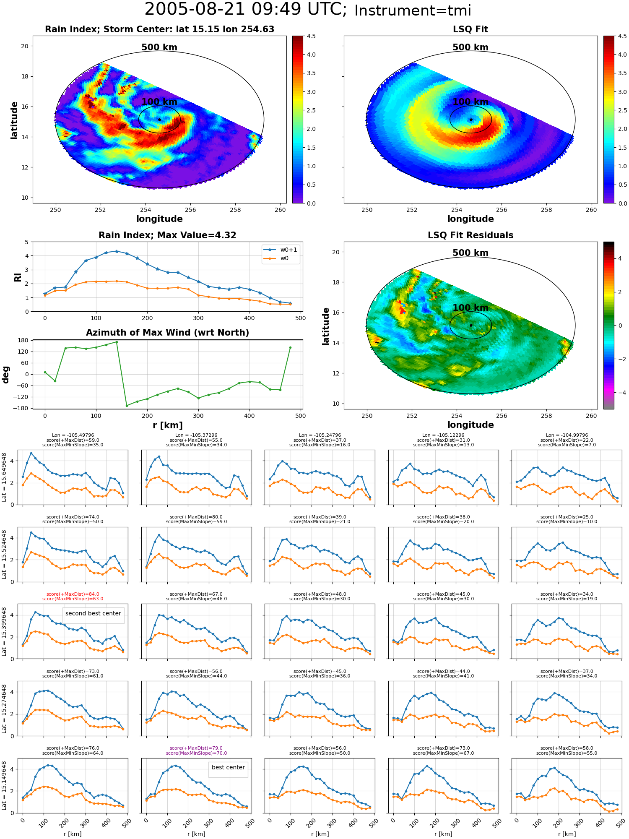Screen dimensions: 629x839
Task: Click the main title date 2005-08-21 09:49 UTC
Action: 245,10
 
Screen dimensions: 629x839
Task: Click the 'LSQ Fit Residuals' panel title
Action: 470,235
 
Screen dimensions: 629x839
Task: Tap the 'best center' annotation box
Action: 228,767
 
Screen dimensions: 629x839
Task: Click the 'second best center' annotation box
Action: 93,613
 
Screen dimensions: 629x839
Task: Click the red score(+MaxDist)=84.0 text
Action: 73,594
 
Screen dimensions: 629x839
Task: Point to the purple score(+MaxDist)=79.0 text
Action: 196,748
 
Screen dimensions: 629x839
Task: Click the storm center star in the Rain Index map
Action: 159,120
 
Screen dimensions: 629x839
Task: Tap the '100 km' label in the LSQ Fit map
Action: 470,102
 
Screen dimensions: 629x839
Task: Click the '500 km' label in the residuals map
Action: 470,253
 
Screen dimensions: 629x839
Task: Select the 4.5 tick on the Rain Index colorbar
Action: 311,36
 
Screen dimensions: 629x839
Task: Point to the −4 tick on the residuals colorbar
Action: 620,393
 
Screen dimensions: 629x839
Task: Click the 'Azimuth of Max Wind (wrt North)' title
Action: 167,333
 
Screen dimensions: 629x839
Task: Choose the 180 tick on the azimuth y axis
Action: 24,340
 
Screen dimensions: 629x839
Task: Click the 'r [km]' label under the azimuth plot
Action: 167,425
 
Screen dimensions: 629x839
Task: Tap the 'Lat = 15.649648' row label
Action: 4,477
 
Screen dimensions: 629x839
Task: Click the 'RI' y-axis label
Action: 18,277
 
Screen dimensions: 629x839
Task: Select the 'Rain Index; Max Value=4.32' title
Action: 167,235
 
